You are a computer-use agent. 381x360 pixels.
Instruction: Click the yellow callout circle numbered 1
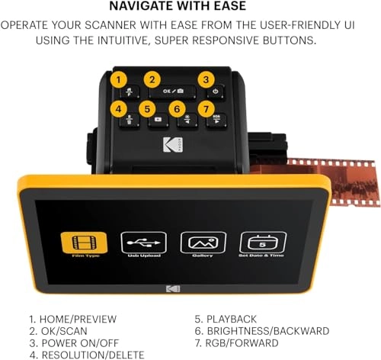click(117, 79)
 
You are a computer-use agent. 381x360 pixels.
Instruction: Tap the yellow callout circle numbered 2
click(152, 79)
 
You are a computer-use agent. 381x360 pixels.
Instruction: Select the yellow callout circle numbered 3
click(205, 79)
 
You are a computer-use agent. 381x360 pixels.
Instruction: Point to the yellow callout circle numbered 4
click(117, 109)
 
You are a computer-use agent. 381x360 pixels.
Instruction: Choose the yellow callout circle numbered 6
click(178, 109)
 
